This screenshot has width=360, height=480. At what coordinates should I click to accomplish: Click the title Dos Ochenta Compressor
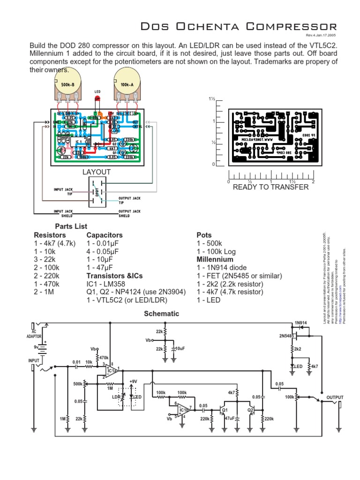pyautogui.click(x=239, y=27)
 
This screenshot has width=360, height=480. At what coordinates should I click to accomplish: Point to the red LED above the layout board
pyautogui.click(x=98, y=98)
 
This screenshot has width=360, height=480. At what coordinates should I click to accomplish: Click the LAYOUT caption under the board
pyautogui.click(x=97, y=172)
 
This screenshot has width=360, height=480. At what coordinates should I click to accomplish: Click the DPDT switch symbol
pyautogui.click(x=97, y=193)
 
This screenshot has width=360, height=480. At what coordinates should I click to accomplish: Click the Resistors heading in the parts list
pyautogui.click(x=50, y=235)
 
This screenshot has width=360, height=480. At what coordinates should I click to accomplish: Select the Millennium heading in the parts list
pyautogui.click(x=215, y=259)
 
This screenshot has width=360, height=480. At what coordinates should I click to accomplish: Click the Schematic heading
pyautogui.click(x=161, y=314)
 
